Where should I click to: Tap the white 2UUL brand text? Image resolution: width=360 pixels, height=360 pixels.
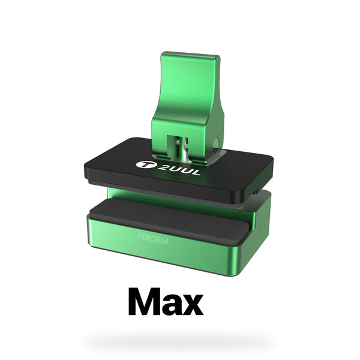pos(179,170)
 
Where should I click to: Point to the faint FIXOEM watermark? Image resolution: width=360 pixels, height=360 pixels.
pos(153,239)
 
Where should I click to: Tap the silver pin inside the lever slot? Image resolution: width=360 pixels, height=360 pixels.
pos(185,149)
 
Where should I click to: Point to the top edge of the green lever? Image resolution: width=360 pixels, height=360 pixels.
pos(190,54)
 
